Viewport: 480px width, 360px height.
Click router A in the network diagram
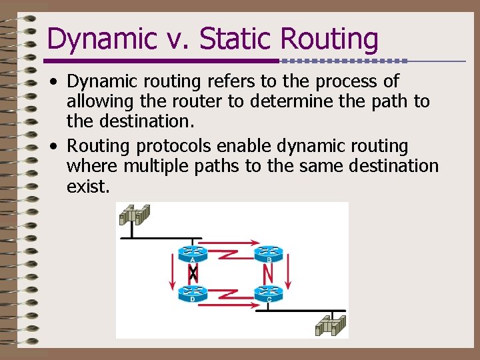[x=193, y=253]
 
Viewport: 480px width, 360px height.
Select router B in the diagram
[x=268, y=253]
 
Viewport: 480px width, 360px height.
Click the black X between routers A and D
[x=193, y=273]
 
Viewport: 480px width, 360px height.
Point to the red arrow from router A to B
[x=230, y=243]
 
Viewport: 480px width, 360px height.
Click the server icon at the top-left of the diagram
[x=134, y=215]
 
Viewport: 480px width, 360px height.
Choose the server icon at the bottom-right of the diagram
[x=331, y=325]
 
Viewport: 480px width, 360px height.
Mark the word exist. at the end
[x=87, y=187]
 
